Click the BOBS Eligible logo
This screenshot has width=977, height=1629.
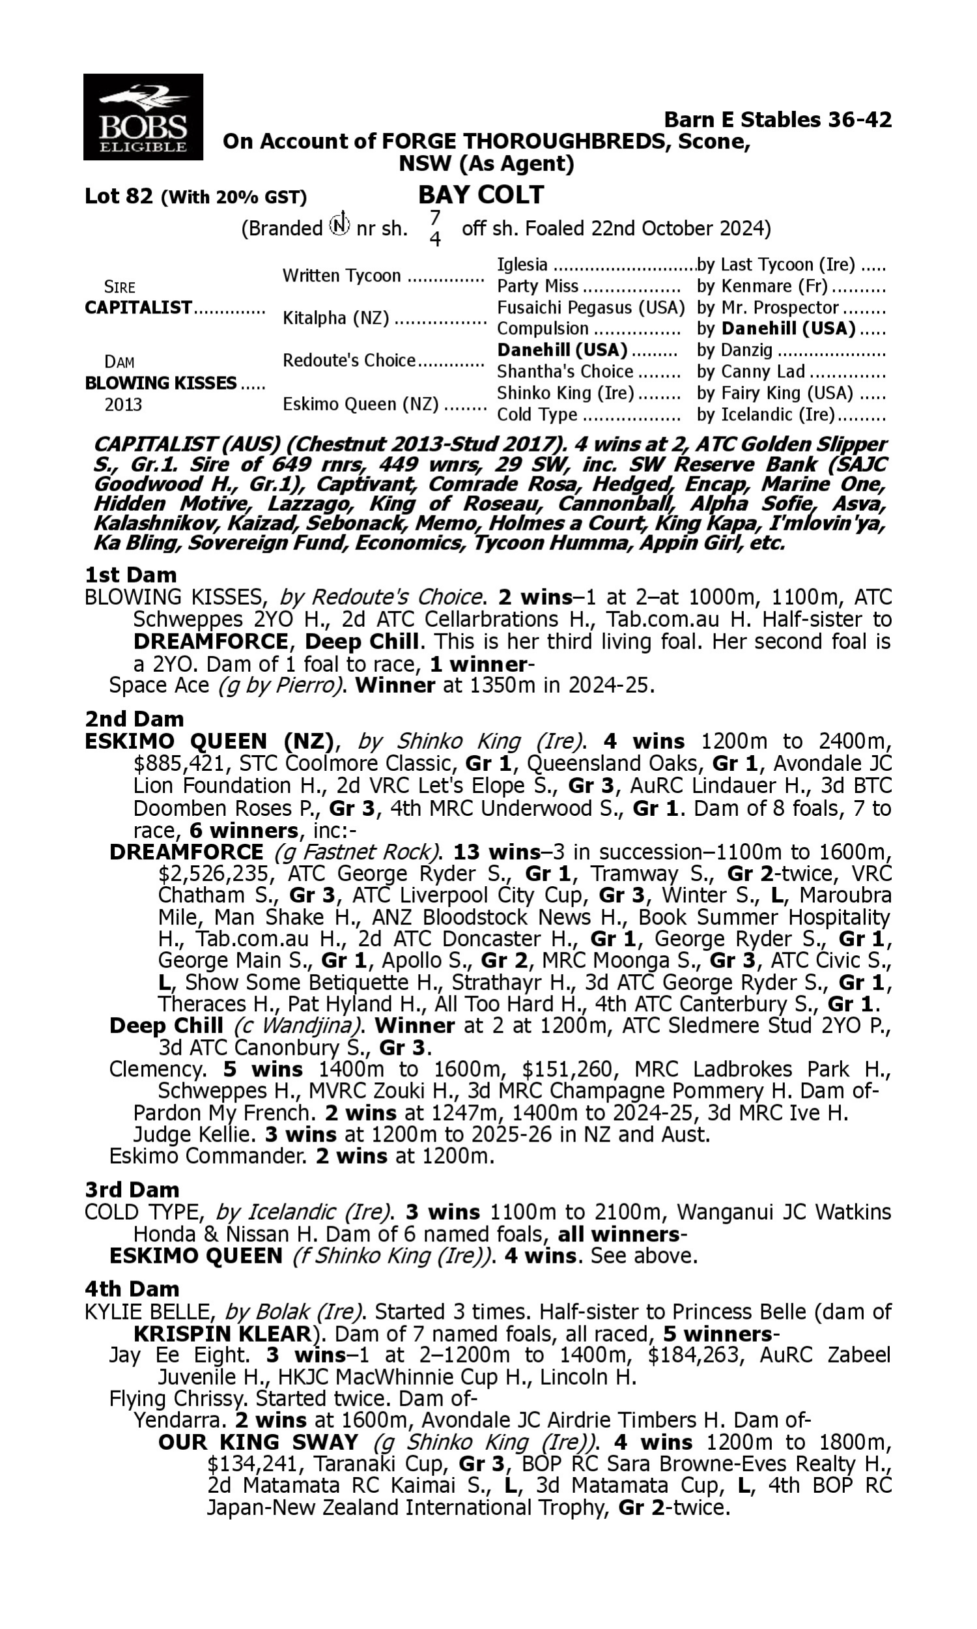pyautogui.click(x=143, y=117)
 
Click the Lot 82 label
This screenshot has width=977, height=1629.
pyautogui.click(x=119, y=196)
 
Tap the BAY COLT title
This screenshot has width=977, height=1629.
pyautogui.click(x=481, y=195)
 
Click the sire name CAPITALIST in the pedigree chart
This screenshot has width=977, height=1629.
pyautogui.click(x=138, y=308)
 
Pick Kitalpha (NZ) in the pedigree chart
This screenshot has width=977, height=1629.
pyautogui.click(x=335, y=318)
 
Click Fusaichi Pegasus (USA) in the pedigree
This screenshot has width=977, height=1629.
pyautogui.click(x=591, y=308)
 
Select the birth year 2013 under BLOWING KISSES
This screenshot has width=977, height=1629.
pyautogui.click(x=123, y=404)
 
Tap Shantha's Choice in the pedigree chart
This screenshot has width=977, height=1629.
pyautogui.click(x=564, y=371)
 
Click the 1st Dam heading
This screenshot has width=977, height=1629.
pyautogui.click(x=130, y=575)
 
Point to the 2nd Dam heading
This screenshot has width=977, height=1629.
pyautogui.click(x=134, y=718)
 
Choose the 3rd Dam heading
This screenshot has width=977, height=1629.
pyautogui.click(x=132, y=1189)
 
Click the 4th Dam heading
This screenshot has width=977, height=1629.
pyautogui.click(x=132, y=1289)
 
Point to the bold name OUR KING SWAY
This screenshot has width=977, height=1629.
pyautogui.click(x=257, y=1442)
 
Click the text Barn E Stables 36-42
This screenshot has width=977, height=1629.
pyautogui.click(x=778, y=119)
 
